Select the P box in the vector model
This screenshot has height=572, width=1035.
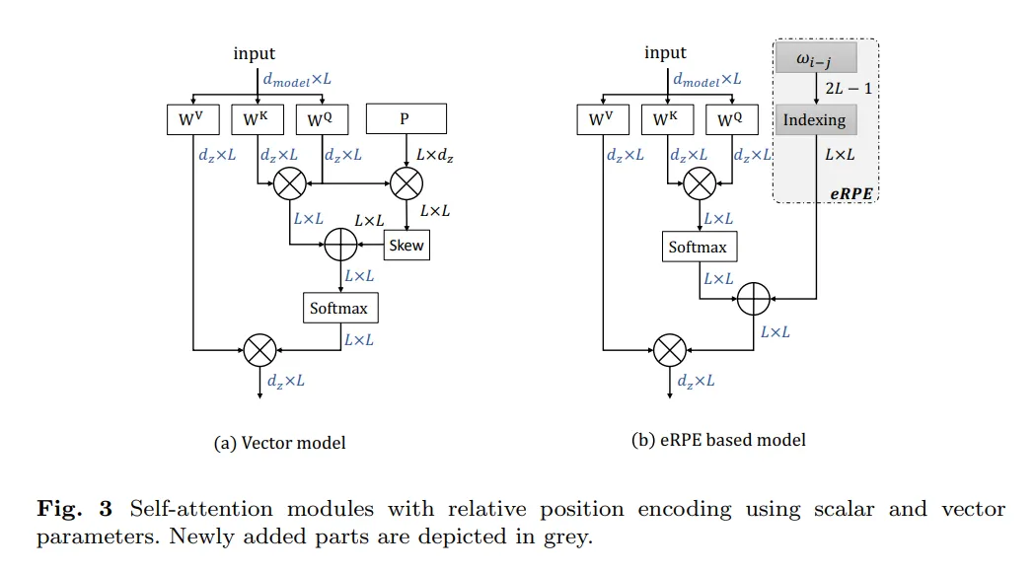click(406, 119)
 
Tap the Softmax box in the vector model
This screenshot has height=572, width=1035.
click(339, 308)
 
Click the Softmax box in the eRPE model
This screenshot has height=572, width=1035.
click(699, 247)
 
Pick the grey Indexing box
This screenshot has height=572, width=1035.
click(814, 119)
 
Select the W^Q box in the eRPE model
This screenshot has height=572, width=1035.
click(731, 119)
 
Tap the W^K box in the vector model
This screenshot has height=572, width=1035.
click(257, 119)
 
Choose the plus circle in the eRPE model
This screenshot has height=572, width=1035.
click(754, 296)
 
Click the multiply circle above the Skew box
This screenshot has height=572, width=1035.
click(406, 181)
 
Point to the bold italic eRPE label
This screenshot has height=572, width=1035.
click(850, 193)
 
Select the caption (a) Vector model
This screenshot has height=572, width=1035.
click(280, 443)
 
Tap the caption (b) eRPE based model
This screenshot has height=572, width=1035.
click(718, 440)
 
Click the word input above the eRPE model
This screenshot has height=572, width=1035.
click(665, 52)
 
